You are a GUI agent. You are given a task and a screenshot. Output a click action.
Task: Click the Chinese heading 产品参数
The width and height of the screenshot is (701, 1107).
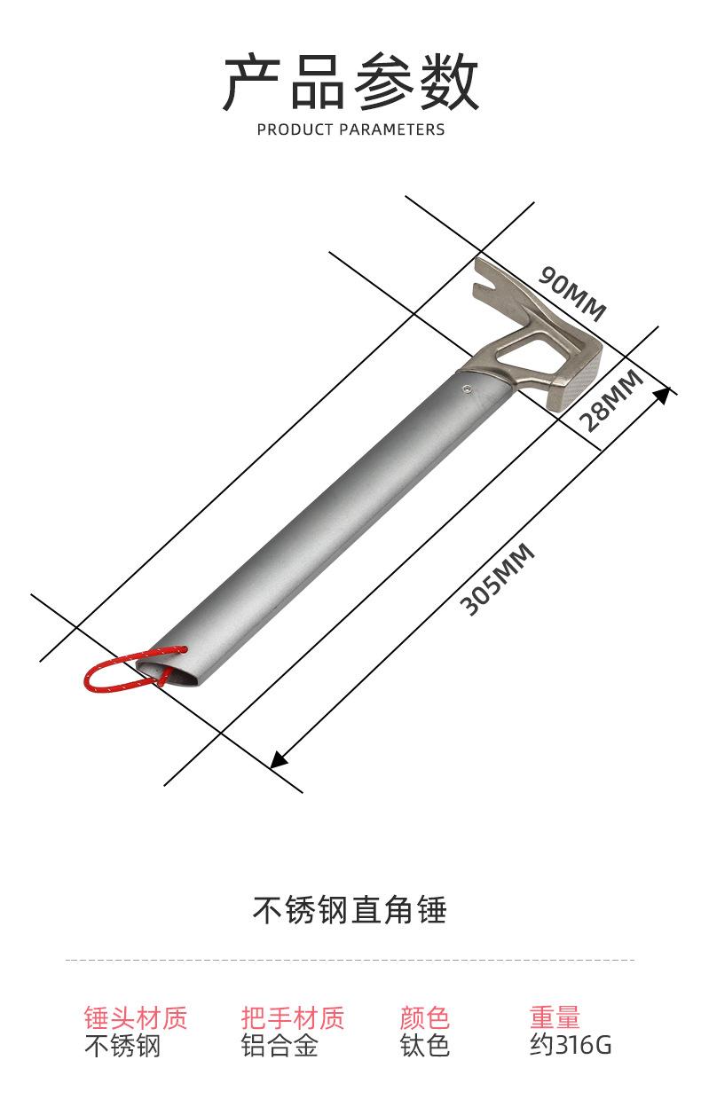click(350, 82)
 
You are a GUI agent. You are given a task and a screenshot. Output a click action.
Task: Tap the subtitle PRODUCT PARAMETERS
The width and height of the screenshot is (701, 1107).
click(350, 130)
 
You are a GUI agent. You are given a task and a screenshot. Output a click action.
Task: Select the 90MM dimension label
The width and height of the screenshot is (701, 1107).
click(572, 294)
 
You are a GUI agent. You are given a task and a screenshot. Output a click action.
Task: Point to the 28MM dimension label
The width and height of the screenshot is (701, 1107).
click(611, 401)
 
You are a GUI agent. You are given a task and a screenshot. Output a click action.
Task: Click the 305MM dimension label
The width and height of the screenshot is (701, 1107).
click(497, 580)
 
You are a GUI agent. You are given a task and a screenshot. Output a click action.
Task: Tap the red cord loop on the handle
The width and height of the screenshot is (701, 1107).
click(132, 670)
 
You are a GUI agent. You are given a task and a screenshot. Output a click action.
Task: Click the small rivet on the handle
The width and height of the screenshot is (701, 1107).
click(466, 389)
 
